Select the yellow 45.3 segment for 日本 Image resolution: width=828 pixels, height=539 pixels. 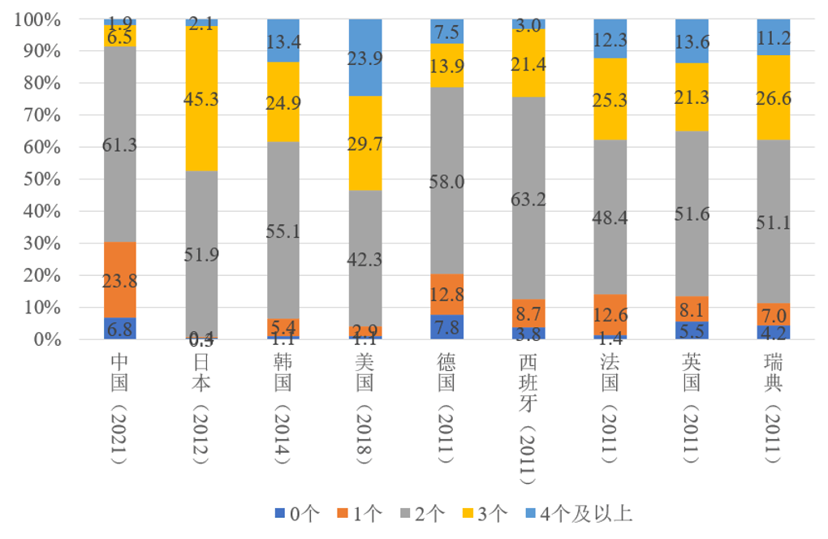[x=202, y=98]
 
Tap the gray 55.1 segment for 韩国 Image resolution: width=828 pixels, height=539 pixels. [x=283, y=231]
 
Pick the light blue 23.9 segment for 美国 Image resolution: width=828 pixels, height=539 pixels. [x=365, y=57]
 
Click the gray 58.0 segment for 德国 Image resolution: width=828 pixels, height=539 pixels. [x=446, y=181]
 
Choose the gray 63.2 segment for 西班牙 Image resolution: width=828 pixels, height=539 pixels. [x=528, y=198]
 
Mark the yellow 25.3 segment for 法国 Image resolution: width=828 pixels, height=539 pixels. [x=610, y=99]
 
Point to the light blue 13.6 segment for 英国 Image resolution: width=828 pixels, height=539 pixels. [x=692, y=41]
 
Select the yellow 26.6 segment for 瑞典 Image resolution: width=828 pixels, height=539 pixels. [x=773, y=97]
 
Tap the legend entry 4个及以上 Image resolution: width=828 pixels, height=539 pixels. [x=579, y=512]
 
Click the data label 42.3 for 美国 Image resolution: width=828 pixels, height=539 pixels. [x=365, y=260]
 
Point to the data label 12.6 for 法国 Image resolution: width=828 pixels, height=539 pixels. [x=610, y=314]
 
